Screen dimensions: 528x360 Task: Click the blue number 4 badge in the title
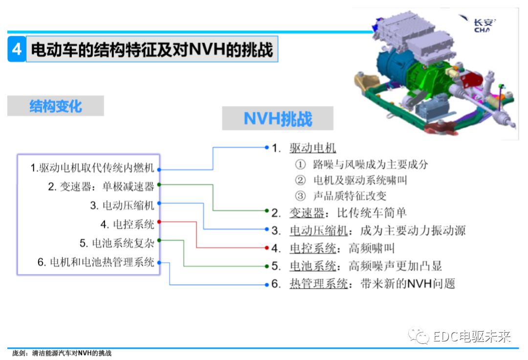pos(17,49)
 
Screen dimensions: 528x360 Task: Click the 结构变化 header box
pos(56,106)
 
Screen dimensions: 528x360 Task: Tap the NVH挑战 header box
pos(278,118)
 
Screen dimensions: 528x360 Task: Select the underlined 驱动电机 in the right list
pos(312,148)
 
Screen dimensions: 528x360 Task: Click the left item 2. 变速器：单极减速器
pos(101,186)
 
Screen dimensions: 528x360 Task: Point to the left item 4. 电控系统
pos(127,224)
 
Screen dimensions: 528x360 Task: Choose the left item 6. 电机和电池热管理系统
pos(96,262)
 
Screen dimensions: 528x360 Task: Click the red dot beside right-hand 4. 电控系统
pos(267,248)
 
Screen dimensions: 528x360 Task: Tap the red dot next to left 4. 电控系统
pos(159,222)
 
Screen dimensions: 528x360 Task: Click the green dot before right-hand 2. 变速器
pos(267,210)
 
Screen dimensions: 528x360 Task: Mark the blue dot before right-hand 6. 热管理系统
pos(267,285)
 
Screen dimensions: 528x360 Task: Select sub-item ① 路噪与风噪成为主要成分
pos(361,164)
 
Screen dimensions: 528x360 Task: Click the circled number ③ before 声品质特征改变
pos(300,196)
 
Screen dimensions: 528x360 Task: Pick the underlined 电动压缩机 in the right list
pos(319,231)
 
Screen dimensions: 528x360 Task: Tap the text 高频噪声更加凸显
pos(395,266)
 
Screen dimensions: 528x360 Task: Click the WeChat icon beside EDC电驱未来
pos(418,336)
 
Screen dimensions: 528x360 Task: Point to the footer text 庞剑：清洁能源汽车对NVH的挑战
pos(62,353)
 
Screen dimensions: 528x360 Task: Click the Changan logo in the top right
pos(480,23)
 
